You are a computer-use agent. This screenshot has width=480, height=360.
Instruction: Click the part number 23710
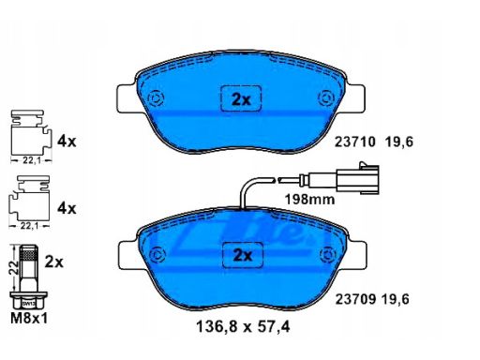354,142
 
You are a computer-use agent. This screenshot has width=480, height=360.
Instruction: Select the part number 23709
355,300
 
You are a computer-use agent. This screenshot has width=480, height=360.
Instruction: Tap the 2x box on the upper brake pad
241,98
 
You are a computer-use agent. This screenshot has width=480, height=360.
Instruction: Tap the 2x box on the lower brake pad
243,255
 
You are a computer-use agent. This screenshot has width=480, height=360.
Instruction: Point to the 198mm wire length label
309,199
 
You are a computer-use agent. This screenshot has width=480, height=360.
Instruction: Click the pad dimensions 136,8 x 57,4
243,327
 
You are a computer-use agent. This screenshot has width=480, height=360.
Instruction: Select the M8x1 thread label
29,319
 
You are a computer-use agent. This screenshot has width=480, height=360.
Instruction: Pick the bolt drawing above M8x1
29,277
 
